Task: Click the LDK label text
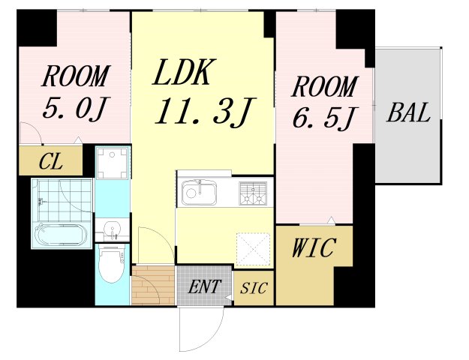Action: point(185,73)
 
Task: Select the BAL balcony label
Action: point(409,114)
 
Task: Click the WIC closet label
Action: point(314,248)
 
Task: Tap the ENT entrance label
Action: point(204,287)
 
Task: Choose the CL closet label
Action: point(52,161)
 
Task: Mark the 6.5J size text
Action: point(323,117)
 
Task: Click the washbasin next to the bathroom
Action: point(113,228)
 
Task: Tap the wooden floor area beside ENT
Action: point(153,286)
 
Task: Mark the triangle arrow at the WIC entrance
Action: point(328,221)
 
